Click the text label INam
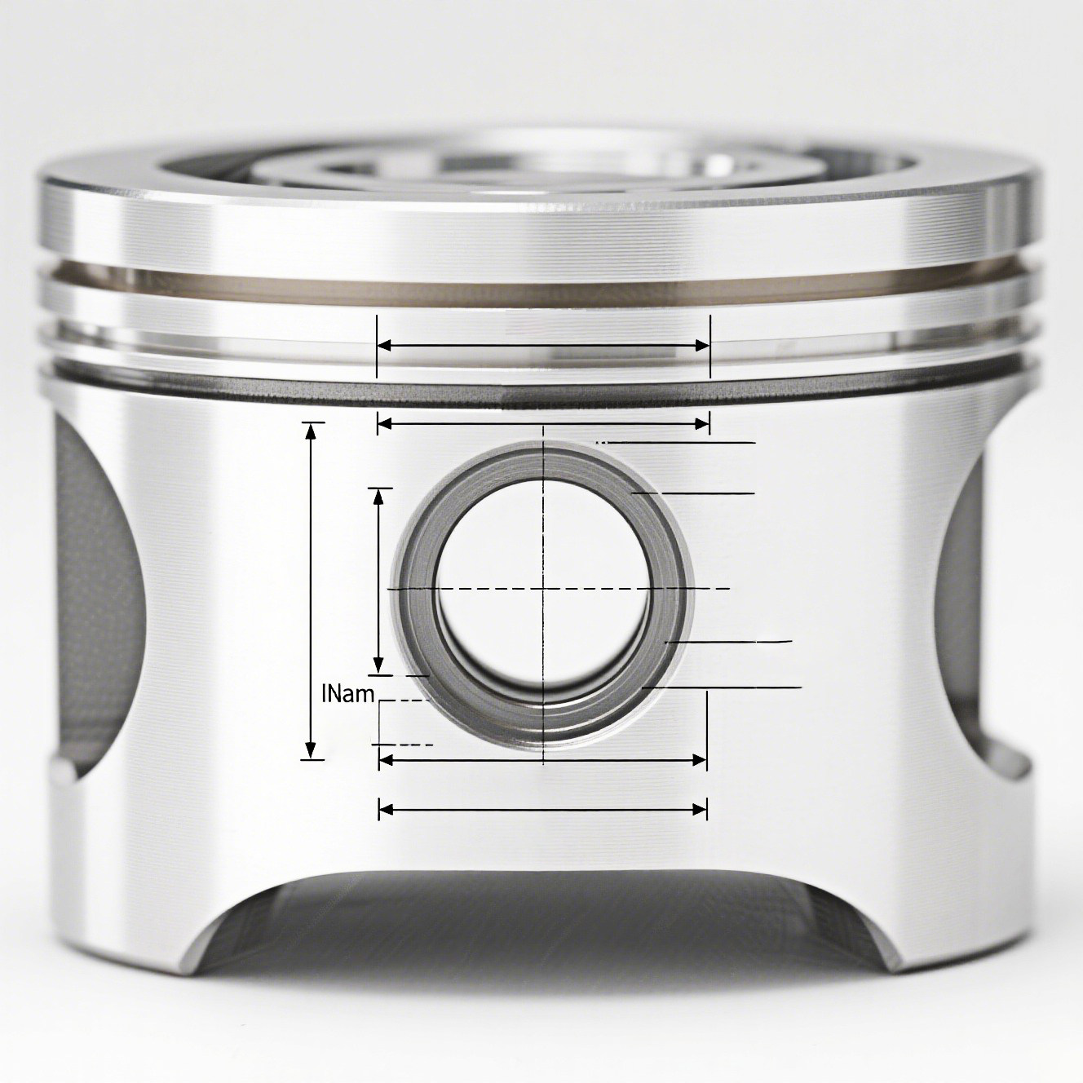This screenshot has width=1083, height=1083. coord(348,695)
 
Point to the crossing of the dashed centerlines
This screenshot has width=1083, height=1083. coord(543,589)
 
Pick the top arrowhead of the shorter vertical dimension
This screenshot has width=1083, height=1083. coord(378,497)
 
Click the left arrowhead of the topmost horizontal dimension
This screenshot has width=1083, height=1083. coord(385,346)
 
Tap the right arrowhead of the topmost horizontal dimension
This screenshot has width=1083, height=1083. coord(702,346)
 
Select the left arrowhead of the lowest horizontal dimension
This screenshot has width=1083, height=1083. coord(386,809)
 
